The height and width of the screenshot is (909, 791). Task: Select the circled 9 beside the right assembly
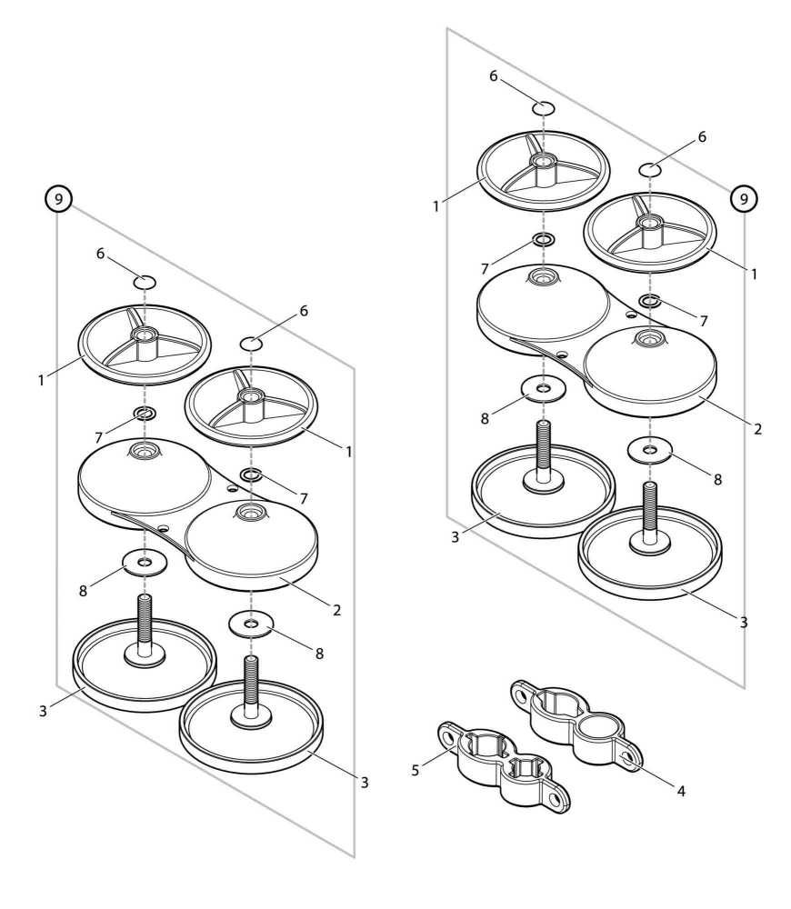coord(744,197)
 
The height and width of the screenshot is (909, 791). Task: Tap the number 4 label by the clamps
coord(680,792)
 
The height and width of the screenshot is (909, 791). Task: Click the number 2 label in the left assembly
coord(336,609)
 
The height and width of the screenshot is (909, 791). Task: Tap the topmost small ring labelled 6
coord(544,109)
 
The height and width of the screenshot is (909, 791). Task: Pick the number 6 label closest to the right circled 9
coord(701,137)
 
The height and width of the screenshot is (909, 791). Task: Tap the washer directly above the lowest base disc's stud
coord(250,624)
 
